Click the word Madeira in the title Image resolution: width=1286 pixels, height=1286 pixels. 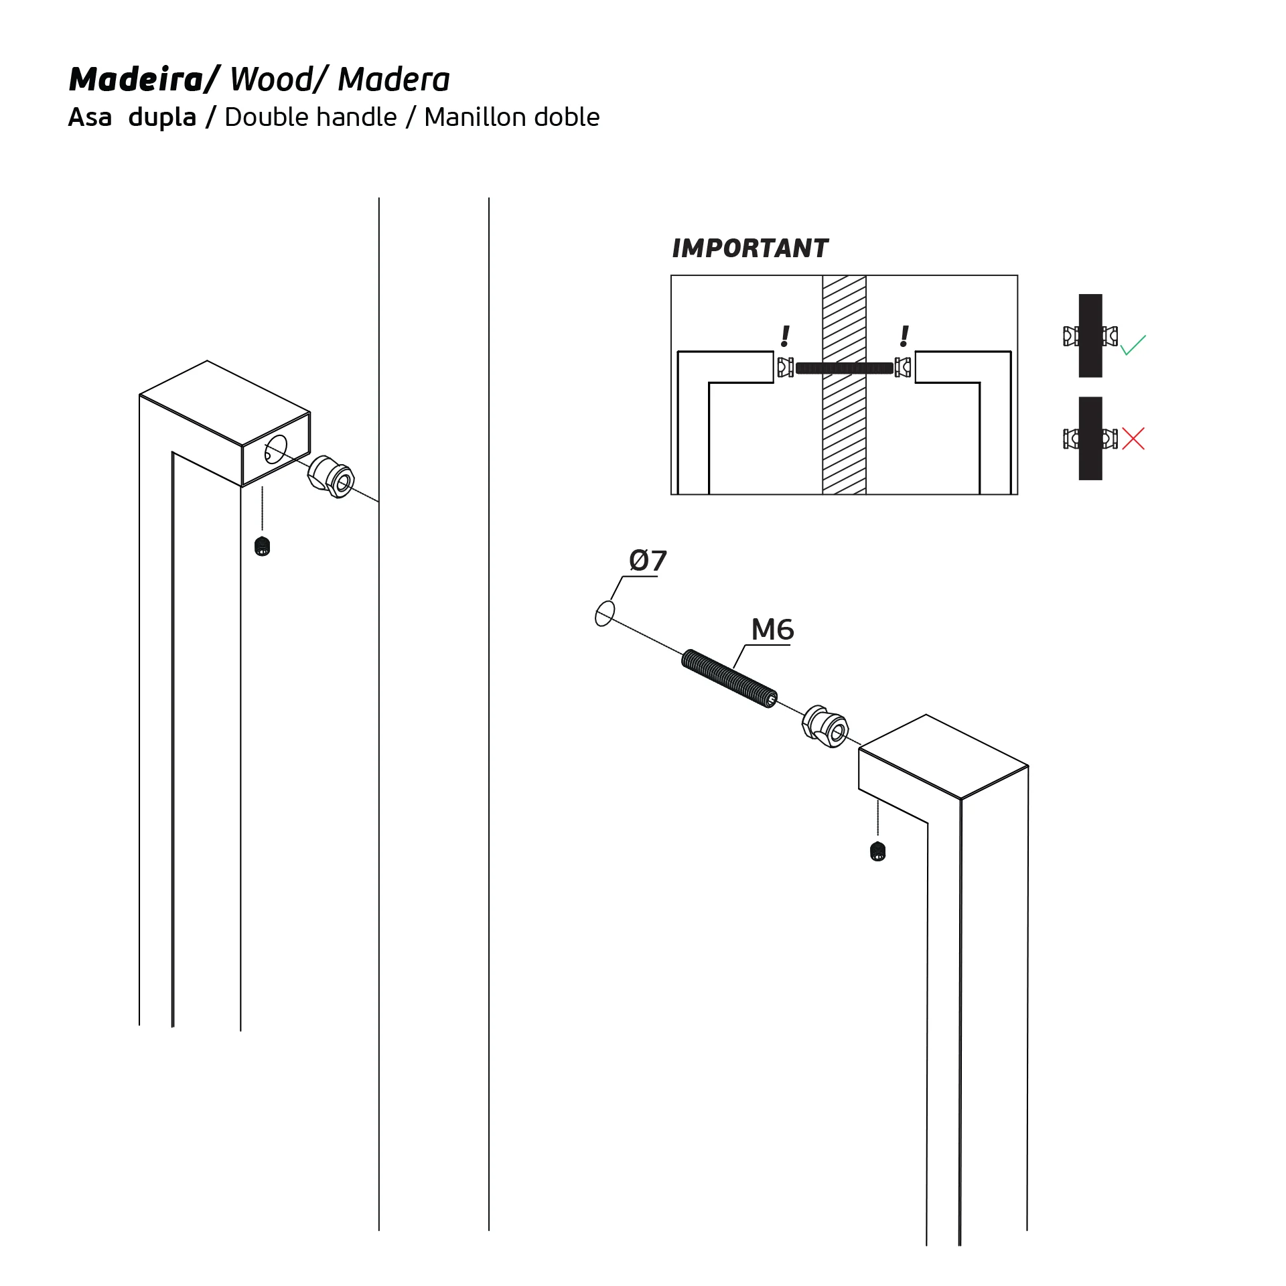click(x=137, y=79)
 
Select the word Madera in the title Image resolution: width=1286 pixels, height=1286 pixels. click(x=394, y=79)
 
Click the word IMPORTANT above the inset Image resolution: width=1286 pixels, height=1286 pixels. click(x=750, y=248)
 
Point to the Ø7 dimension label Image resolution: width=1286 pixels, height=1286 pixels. click(x=648, y=561)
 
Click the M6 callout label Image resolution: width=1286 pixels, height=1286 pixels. click(x=772, y=630)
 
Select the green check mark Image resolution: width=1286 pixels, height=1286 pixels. click(x=1133, y=344)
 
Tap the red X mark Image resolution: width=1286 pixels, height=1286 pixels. click(x=1133, y=439)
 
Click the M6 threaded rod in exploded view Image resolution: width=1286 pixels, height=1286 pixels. click(x=729, y=678)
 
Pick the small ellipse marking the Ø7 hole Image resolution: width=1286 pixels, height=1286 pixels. click(x=605, y=613)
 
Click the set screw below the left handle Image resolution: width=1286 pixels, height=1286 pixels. click(x=263, y=547)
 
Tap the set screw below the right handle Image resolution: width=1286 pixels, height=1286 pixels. click(x=877, y=851)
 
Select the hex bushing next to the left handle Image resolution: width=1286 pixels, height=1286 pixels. click(x=331, y=476)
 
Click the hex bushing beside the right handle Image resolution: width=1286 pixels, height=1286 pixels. click(x=826, y=726)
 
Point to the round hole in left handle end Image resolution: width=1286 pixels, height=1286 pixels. click(x=276, y=449)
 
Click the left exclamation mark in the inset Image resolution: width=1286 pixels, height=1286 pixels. click(x=785, y=336)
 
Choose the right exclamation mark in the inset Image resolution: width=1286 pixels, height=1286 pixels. click(x=904, y=336)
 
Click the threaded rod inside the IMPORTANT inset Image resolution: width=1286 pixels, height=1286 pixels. click(x=845, y=368)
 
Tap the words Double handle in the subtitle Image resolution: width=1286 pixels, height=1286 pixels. click(x=311, y=117)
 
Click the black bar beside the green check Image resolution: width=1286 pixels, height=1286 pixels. click(x=1090, y=336)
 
